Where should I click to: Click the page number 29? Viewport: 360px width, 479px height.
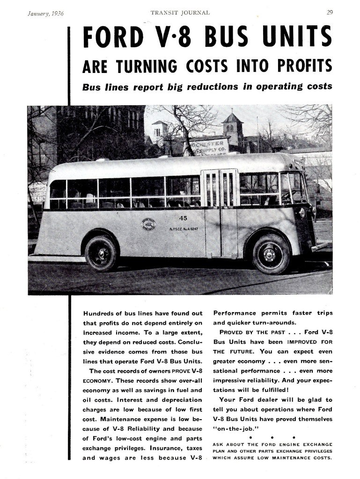point(330,13)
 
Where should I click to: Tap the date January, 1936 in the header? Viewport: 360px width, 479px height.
point(45,13)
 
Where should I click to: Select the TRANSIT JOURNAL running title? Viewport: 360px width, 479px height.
point(180,13)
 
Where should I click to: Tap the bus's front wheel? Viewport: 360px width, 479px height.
point(271,254)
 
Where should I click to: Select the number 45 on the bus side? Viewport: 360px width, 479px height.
point(183,218)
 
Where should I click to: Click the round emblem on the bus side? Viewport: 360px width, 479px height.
point(149,225)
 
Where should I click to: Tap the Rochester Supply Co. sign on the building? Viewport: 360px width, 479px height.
point(209,146)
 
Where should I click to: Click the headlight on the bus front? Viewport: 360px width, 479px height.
point(302,213)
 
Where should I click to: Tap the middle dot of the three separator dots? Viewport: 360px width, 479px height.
point(272,437)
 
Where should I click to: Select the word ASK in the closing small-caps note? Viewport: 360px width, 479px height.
point(219,444)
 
